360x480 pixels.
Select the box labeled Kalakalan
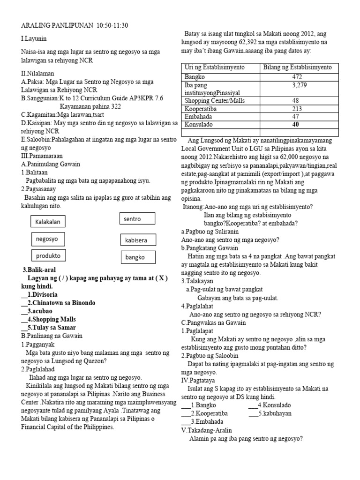pos(48,222)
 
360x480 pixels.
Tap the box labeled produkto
pos(49,255)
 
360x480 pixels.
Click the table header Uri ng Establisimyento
pos(214,67)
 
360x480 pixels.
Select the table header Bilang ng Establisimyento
pos(297,67)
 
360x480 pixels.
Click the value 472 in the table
pos(297,76)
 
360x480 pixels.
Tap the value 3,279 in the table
pos(297,85)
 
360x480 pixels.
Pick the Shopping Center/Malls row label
pos(215,101)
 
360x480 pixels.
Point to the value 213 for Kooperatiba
pos(297,109)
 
